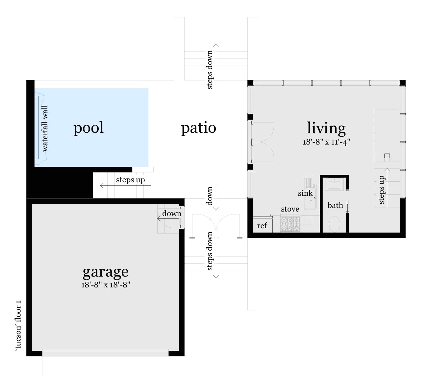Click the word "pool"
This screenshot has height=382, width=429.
88,128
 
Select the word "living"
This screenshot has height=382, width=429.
326,128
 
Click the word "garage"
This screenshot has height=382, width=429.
106,272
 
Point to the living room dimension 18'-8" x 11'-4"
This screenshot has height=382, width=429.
326,142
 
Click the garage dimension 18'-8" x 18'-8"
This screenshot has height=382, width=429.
106,285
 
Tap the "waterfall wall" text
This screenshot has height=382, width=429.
45,128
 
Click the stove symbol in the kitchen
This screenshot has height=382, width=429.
290,223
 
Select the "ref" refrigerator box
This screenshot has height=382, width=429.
262,225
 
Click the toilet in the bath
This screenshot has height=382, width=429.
335,224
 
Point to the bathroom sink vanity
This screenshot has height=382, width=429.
334,184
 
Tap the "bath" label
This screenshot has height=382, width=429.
335,205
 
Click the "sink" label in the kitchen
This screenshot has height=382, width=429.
305,193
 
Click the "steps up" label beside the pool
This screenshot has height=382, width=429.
130,180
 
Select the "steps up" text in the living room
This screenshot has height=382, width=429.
381,190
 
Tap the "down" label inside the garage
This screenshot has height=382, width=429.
171,213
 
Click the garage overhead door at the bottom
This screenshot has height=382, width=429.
105,353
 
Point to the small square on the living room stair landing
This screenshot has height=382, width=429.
387,156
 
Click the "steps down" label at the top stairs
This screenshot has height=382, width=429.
210,70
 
